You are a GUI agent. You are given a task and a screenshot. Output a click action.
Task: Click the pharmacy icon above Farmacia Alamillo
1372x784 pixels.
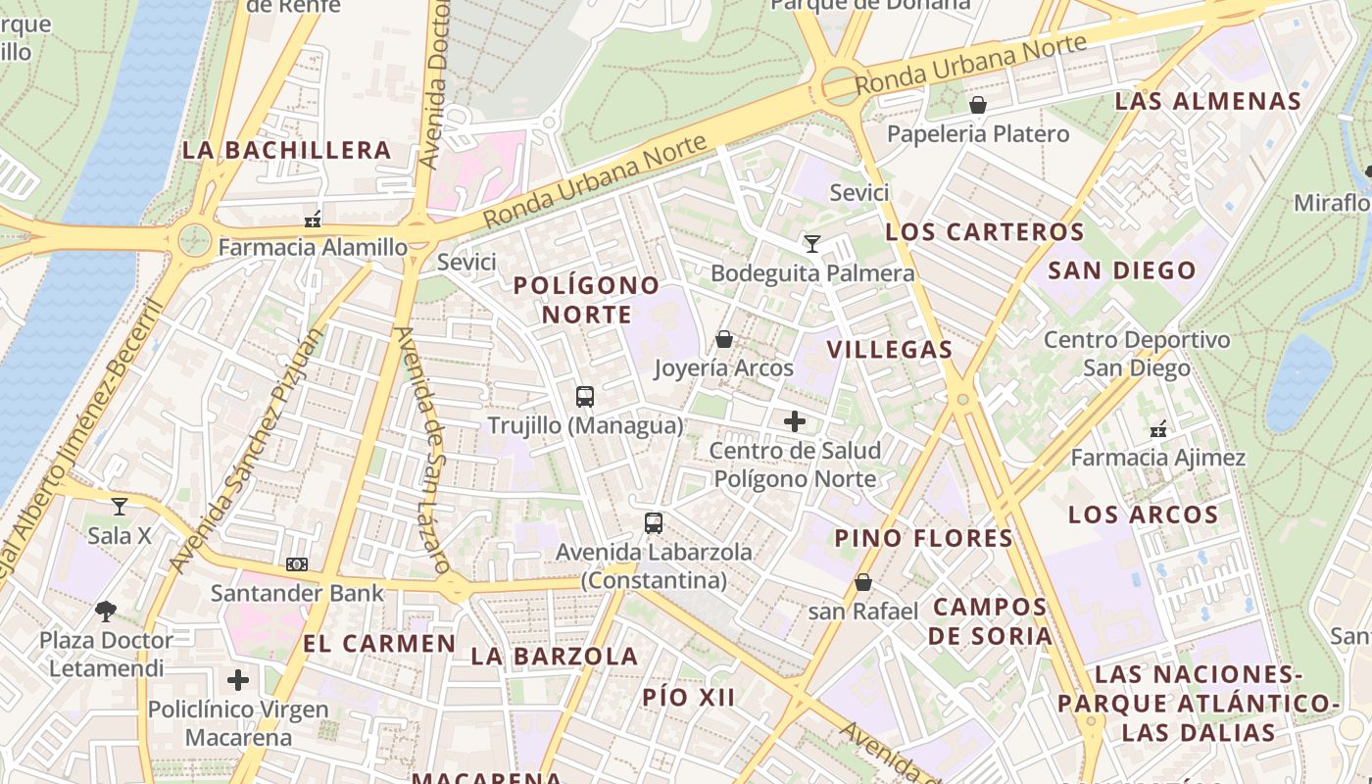click(x=313, y=219)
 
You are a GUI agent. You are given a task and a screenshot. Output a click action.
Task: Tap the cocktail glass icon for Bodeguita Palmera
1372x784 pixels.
click(x=811, y=243)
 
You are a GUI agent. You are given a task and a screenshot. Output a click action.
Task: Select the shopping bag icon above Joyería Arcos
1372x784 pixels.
click(x=724, y=339)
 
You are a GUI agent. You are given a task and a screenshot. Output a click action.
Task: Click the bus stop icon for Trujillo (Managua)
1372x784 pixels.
click(x=585, y=397)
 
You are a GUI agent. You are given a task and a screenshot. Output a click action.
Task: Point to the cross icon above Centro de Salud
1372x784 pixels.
click(x=795, y=421)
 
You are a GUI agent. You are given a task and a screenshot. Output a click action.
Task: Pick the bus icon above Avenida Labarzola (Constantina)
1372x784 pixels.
click(x=654, y=523)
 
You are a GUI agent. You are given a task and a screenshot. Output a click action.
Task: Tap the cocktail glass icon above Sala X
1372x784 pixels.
click(x=120, y=507)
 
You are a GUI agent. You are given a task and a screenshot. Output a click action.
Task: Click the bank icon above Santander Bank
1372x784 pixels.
click(x=297, y=564)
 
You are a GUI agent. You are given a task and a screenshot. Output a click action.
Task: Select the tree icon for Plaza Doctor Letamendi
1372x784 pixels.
click(x=106, y=612)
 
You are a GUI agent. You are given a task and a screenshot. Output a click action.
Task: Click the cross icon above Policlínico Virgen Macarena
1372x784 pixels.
click(x=238, y=680)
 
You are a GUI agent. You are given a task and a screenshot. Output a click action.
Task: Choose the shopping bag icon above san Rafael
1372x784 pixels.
click(x=863, y=582)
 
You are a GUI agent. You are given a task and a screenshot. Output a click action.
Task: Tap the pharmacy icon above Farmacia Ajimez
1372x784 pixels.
click(x=1158, y=429)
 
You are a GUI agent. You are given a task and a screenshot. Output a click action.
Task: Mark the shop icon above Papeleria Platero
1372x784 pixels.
click(x=977, y=105)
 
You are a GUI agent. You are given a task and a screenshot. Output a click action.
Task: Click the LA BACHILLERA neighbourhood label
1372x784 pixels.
click(x=287, y=150)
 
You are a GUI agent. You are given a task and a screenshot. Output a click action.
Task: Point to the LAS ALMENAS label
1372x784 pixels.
click(x=1208, y=101)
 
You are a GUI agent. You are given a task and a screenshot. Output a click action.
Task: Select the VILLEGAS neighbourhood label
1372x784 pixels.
click(x=890, y=349)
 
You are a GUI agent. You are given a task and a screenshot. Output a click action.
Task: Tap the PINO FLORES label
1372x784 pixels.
click(x=924, y=537)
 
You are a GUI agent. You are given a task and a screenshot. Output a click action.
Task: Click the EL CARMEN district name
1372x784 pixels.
click(x=379, y=644)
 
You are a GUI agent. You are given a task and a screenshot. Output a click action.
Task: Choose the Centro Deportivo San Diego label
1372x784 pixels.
click(x=1137, y=354)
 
